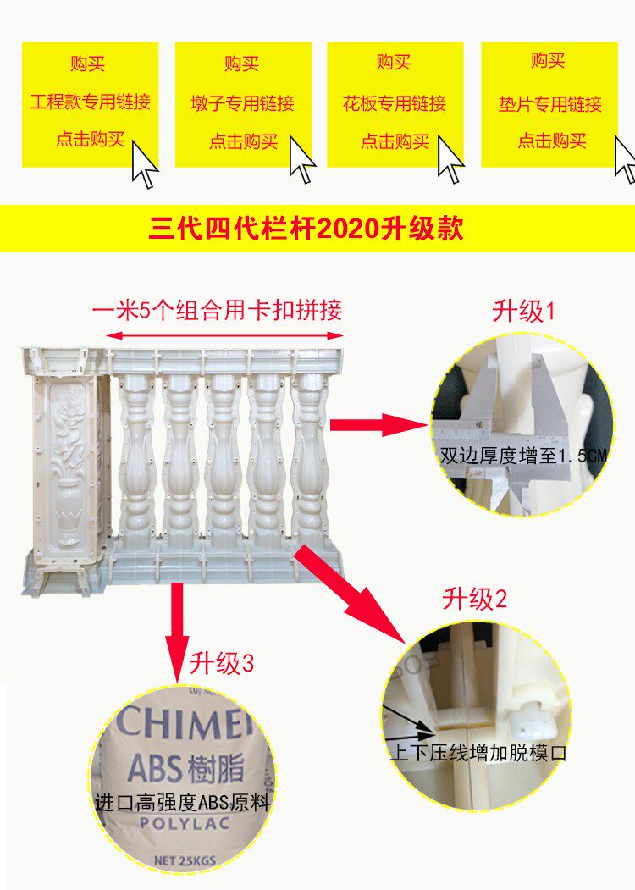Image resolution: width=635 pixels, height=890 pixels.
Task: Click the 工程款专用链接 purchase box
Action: pos(90,102)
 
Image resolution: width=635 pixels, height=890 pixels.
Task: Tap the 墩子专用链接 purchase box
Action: pos(242,103)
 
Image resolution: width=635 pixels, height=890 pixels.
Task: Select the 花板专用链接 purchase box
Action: pos(395,102)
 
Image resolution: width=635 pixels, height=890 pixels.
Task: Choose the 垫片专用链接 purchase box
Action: pos(549,104)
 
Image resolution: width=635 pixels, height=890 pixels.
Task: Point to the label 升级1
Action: pos(524,312)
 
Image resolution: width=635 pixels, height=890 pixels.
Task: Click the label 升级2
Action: pos(475,600)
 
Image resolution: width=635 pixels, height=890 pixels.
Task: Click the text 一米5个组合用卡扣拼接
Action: pos(218,310)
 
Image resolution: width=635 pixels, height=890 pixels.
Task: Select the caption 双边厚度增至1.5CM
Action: pos(523,456)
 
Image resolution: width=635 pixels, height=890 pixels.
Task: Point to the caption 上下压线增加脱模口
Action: pos(477,751)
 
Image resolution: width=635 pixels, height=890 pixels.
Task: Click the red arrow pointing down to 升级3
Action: pos(178,630)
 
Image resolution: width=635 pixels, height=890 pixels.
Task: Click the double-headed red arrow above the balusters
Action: pos(224,336)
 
